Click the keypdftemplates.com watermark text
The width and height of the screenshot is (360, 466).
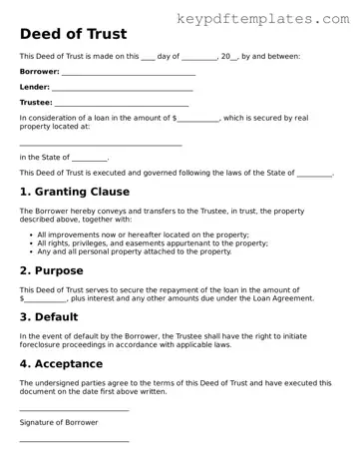click(x=269, y=18)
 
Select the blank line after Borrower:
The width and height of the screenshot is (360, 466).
click(x=129, y=74)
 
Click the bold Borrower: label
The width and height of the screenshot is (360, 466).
click(x=39, y=72)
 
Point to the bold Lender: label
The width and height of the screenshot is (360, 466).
click(x=35, y=87)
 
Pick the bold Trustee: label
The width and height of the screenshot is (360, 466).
click(x=36, y=102)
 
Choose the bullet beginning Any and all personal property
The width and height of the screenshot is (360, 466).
click(x=134, y=251)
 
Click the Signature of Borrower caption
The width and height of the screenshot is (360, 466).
click(x=59, y=422)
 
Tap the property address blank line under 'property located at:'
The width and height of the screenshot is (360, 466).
click(x=100, y=145)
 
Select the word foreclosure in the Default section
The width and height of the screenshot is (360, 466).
click(x=46, y=344)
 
